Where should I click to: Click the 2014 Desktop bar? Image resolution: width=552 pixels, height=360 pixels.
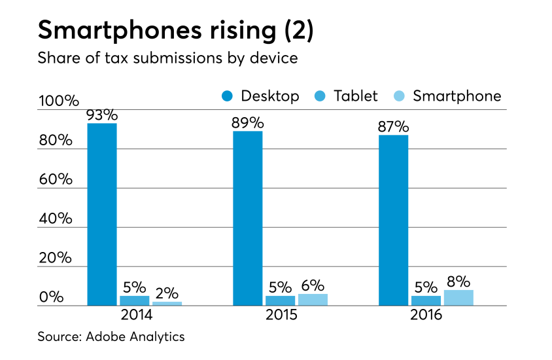(x=101, y=214)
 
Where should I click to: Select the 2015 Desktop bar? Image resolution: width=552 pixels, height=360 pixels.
(x=247, y=218)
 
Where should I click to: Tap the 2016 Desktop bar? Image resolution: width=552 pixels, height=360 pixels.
(x=393, y=220)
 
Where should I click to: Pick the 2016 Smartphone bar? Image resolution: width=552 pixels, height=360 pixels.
(x=458, y=298)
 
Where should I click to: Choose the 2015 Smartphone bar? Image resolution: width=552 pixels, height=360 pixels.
(x=313, y=300)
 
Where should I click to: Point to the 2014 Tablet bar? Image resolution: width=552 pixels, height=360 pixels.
(x=134, y=300)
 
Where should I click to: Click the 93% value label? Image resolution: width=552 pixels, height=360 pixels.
(x=101, y=115)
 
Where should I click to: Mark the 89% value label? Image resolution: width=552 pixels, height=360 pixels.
(x=247, y=123)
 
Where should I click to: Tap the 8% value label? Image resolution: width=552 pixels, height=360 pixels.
(x=458, y=282)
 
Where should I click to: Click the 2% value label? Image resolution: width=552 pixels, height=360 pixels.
(x=167, y=294)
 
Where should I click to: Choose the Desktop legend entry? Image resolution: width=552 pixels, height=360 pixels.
(x=260, y=96)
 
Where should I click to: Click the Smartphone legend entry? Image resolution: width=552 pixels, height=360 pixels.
(x=449, y=96)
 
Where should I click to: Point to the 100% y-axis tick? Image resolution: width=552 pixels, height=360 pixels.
(x=58, y=101)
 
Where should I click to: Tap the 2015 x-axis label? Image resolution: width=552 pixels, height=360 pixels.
(x=281, y=315)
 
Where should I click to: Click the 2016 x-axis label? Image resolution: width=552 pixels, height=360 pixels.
(x=426, y=315)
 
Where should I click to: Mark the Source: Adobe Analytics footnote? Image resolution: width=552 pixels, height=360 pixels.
(x=111, y=337)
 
